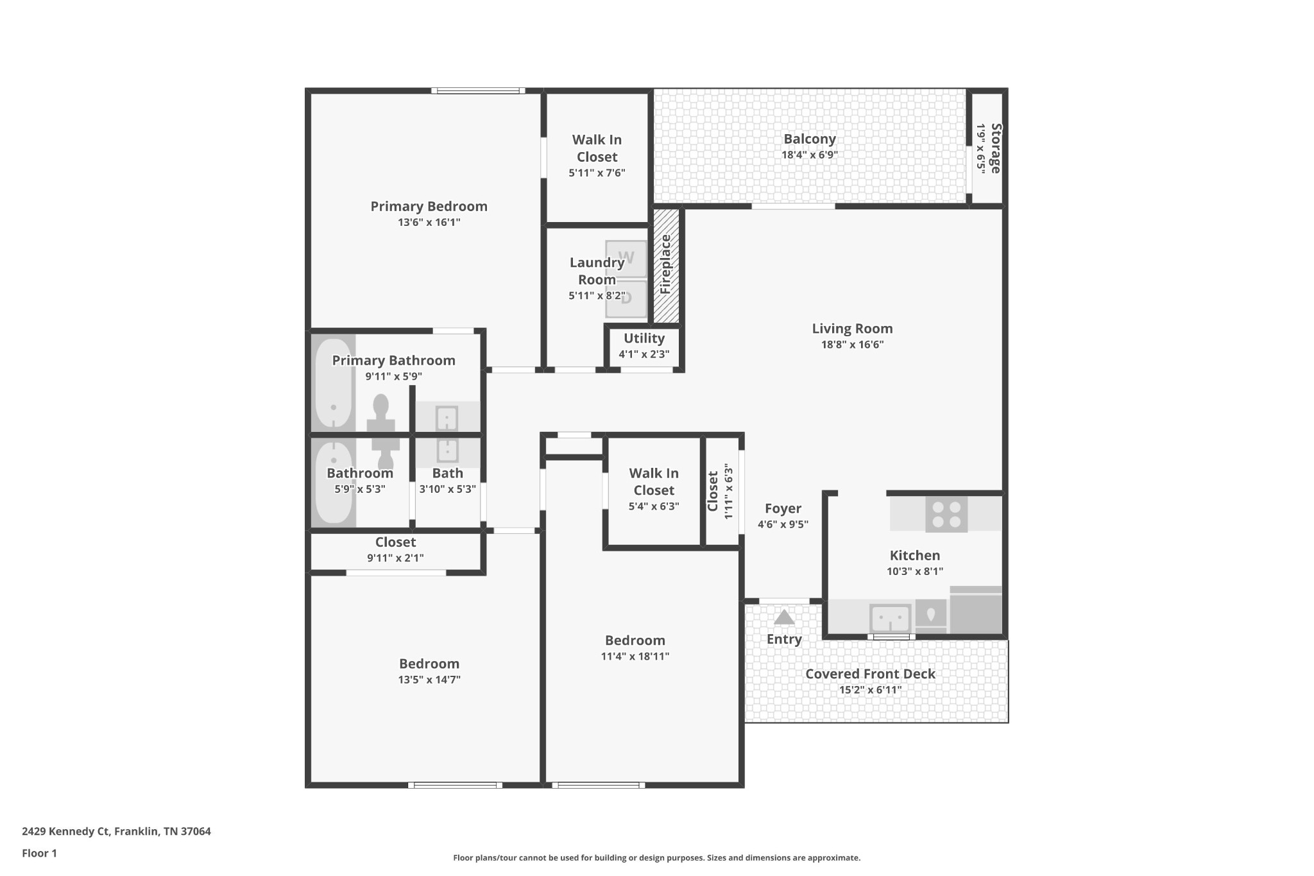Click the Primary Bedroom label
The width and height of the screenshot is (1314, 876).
429,207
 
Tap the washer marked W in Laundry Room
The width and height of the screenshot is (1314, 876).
626,258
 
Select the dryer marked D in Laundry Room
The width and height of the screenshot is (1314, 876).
626,298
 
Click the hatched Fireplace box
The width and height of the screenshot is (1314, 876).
666,265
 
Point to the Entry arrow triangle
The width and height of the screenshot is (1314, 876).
784,617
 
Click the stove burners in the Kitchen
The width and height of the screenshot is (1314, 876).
946,514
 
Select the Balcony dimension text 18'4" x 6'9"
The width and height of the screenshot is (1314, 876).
809,155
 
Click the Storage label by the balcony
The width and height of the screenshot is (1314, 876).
995,148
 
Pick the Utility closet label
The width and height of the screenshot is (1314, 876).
644,338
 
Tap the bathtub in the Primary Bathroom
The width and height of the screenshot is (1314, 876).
333,384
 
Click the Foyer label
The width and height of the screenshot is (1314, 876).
783,508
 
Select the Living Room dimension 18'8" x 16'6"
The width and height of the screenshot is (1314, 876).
852,345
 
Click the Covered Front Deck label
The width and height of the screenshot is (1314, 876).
870,674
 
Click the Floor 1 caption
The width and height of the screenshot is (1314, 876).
39,853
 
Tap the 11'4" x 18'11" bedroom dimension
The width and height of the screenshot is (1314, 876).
635,657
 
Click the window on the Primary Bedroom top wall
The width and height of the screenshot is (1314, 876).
478,90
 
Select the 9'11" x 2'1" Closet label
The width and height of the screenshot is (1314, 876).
395,558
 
